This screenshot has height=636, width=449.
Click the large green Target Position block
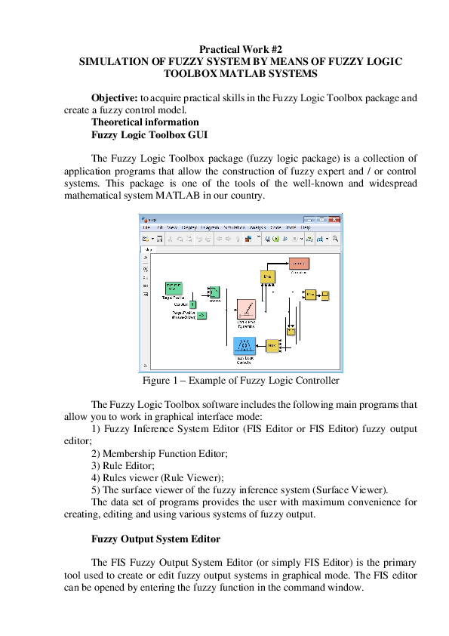pyautogui.click(x=173, y=288)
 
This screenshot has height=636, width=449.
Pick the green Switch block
pyautogui.click(x=214, y=292)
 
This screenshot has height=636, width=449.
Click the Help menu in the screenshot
pyautogui.click(x=306, y=227)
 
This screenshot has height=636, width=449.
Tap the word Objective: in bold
pyautogui.click(x=115, y=98)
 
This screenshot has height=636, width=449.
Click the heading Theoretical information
pyautogui.click(x=145, y=122)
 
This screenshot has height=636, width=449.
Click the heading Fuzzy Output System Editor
pyautogui.click(x=155, y=539)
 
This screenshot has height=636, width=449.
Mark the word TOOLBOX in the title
pyautogui.click(x=198, y=74)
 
